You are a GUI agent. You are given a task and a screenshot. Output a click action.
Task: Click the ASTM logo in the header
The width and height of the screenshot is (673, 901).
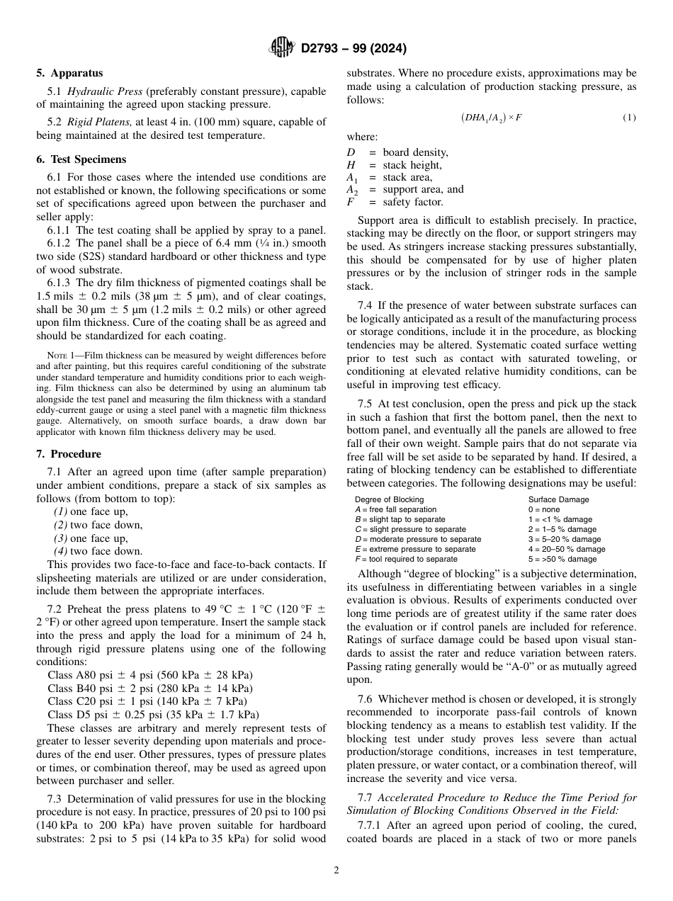tap(282, 49)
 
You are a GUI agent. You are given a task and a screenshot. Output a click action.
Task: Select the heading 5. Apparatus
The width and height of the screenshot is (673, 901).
tap(69, 73)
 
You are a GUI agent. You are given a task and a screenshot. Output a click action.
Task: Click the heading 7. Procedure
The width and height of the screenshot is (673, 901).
tap(69, 454)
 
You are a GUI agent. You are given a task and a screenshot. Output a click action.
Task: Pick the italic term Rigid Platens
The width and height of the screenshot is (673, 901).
tap(96, 122)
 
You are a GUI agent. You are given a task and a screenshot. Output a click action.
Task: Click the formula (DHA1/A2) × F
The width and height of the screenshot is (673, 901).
tap(491, 118)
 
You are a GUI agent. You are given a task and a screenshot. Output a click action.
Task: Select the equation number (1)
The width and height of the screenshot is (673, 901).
tap(629, 118)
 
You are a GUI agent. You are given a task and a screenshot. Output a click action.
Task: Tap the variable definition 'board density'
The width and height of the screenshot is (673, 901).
tap(415, 152)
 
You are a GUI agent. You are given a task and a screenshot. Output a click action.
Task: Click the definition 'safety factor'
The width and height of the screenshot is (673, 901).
tap(413, 202)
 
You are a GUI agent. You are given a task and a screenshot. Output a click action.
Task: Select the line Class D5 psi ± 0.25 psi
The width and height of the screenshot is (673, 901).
tap(153, 714)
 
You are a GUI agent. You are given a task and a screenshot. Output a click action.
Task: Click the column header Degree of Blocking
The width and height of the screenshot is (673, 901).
tap(389, 499)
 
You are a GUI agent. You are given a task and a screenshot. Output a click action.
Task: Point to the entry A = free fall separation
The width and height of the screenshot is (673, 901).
tap(395, 509)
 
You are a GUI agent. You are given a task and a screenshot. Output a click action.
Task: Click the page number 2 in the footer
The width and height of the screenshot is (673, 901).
tap(336, 871)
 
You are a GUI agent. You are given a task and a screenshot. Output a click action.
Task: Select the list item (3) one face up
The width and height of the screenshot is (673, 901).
tap(91, 538)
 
